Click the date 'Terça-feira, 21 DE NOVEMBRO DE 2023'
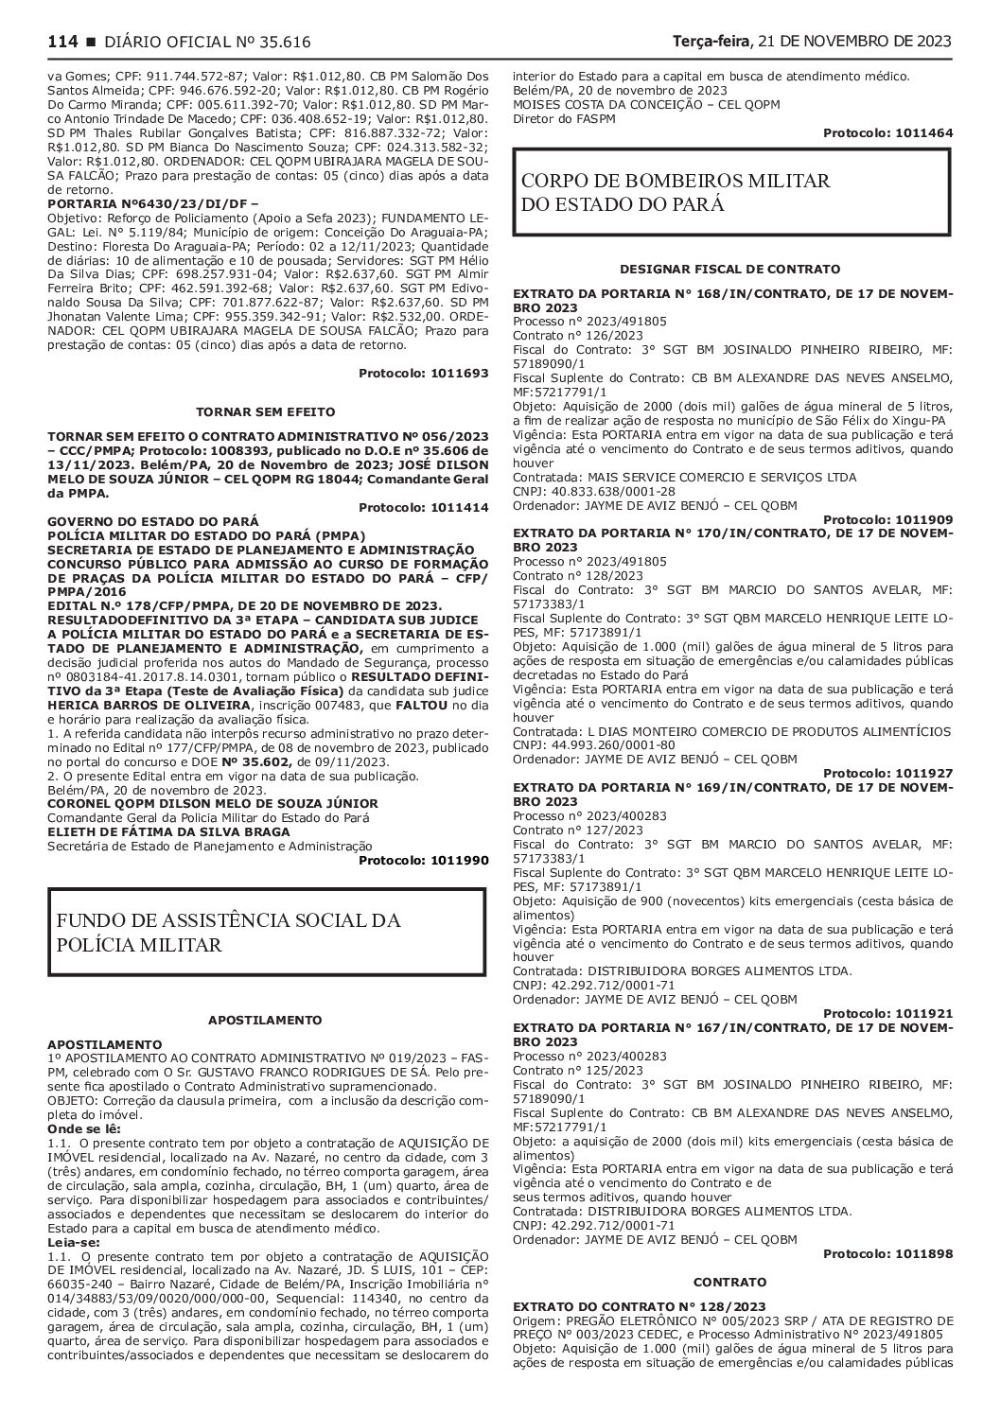(812, 42)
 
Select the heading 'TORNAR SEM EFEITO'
(268, 412)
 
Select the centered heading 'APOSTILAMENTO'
(268, 1020)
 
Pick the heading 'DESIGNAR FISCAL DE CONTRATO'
(730, 270)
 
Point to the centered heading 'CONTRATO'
(730, 1282)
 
